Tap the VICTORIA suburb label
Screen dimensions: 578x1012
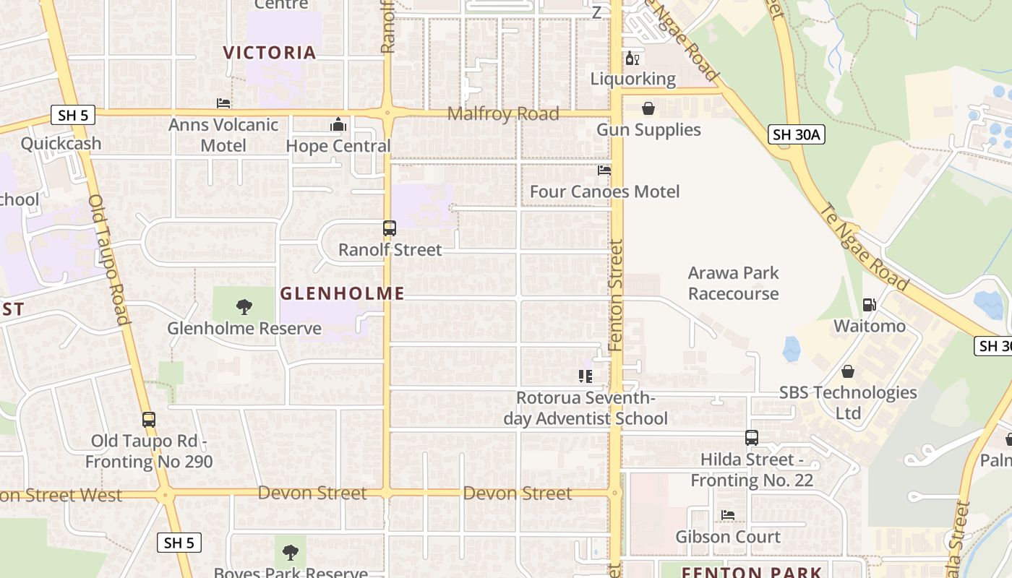270,53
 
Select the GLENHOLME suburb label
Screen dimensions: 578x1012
342,293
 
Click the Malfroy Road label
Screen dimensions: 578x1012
503,113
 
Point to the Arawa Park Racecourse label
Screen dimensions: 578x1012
733,283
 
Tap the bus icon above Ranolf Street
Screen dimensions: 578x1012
390,228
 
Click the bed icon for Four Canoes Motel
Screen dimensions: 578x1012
604,171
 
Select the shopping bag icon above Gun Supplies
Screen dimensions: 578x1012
648,108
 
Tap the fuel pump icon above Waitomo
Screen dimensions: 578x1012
870,305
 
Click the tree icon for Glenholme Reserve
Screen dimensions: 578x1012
244,307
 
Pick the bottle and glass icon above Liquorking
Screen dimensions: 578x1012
632,59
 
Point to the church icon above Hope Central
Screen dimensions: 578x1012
338,125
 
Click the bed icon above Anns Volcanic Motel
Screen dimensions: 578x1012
223,103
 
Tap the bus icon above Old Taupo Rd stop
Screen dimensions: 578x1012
149,420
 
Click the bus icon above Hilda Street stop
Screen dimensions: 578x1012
752,438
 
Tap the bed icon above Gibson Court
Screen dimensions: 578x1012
728,515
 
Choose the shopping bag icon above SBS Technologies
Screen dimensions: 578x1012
848,371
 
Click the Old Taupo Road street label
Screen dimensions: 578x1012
109,260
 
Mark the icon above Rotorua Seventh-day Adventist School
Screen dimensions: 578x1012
586,376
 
